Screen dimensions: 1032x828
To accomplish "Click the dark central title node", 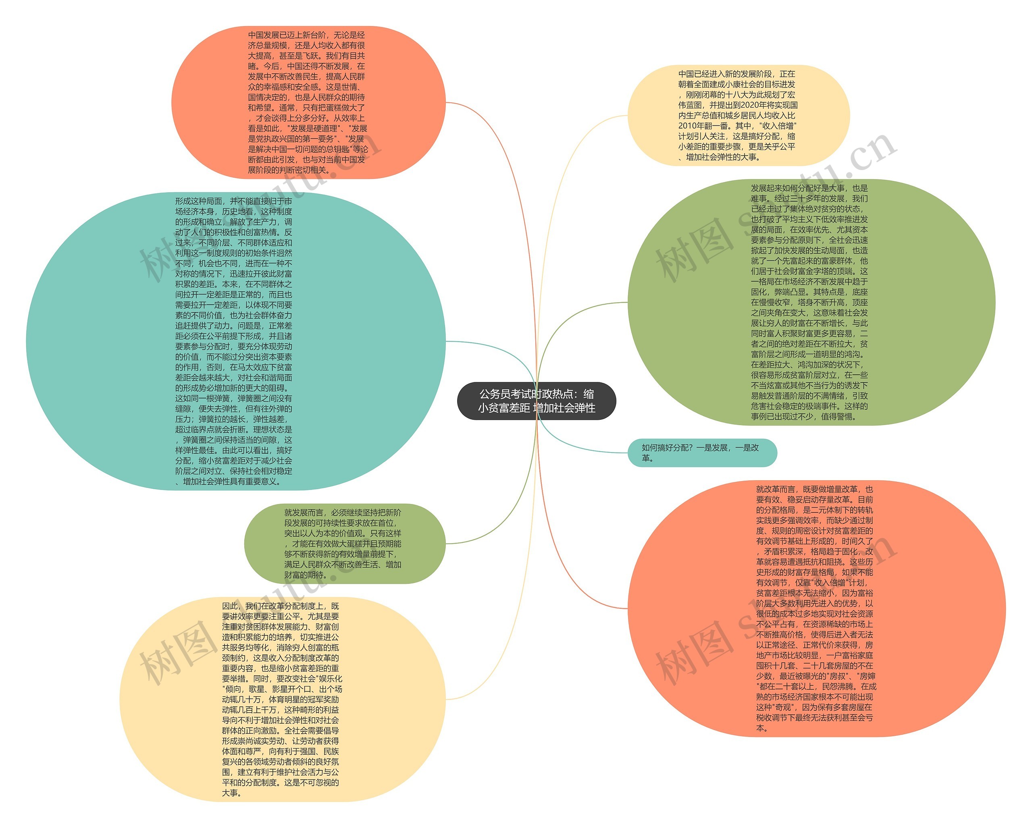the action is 536,401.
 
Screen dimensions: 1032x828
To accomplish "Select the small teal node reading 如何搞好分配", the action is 702,452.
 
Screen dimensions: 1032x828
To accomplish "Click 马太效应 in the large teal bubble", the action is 260,367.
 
